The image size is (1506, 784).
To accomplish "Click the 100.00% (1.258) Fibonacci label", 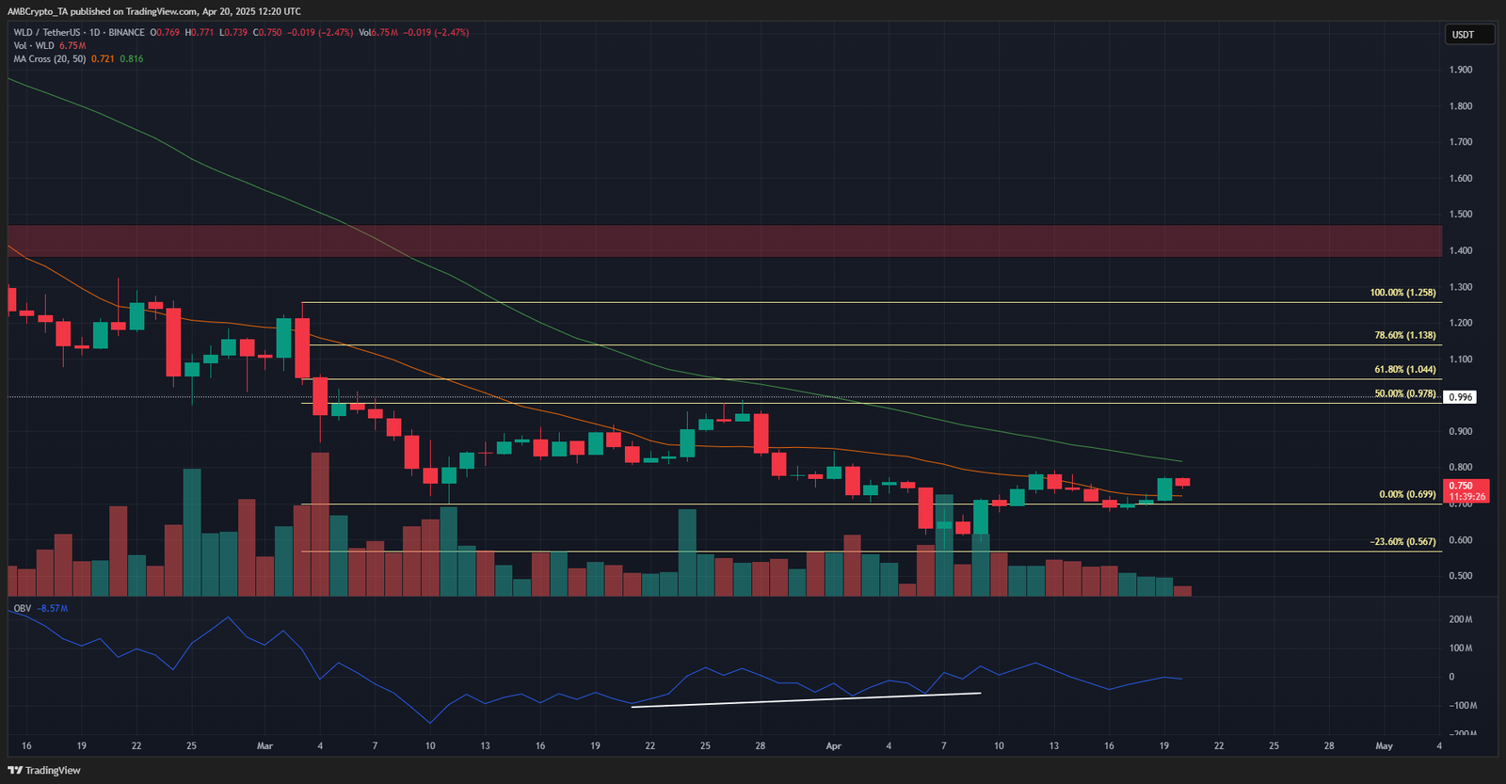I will pos(1402,293).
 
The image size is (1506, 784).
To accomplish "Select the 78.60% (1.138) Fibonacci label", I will pos(1404,335).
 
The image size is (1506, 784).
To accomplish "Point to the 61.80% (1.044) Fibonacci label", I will pos(1404,370).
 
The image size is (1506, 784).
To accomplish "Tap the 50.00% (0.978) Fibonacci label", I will pos(1404,393).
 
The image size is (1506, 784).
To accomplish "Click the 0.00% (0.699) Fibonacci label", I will pos(1407,494).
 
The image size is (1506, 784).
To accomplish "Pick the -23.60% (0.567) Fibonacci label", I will pos(1402,542).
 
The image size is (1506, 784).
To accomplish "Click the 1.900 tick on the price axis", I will pos(1461,70).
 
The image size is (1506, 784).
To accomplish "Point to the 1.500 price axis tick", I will pos(1461,215).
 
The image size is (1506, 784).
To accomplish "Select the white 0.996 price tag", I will pos(1460,397).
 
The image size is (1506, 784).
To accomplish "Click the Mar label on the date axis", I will pos(264,745).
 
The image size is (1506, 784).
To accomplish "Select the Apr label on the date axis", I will pos(833,745).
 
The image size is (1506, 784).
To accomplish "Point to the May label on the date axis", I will pos(1384,745).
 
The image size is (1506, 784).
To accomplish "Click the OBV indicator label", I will pos(23,608).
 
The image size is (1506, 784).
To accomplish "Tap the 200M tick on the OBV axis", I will pos(1461,619).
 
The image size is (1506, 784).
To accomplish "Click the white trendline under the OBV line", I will pos(806,699).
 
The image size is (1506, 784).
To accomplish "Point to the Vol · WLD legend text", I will pos(34,45).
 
